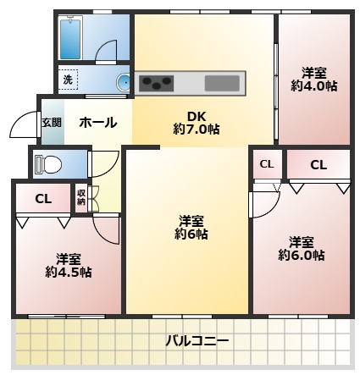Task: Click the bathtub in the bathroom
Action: pyautogui.click(x=70, y=37)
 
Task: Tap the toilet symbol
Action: pyautogui.click(x=48, y=164)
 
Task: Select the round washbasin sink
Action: pyautogui.click(x=124, y=81)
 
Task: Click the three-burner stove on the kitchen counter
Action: pyautogui.click(x=156, y=83)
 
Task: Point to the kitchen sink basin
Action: pyautogui.click(x=222, y=83)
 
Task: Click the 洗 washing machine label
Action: pyautogui.click(x=68, y=80)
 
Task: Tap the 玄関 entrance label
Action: pyautogui.click(x=52, y=123)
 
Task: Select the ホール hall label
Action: pyautogui.click(x=98, y=123)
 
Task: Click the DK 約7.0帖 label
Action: pyautogui.click(x=197, y=123)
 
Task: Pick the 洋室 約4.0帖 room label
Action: pyautogui.click(x=314, y=79)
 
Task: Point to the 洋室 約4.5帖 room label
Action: pyautogui.click(x=69, y=265)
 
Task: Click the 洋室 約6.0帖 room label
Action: pyautogui.click(x=302, y=248)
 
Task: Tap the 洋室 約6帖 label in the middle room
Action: pyautogui.click(x=191, y=228)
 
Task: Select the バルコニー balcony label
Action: pyautogui.click(x=197, y=341)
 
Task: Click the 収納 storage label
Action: pyautogui.click(x=81, y=197)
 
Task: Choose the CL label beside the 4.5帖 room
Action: pyautogui.click(x=43, y=199)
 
